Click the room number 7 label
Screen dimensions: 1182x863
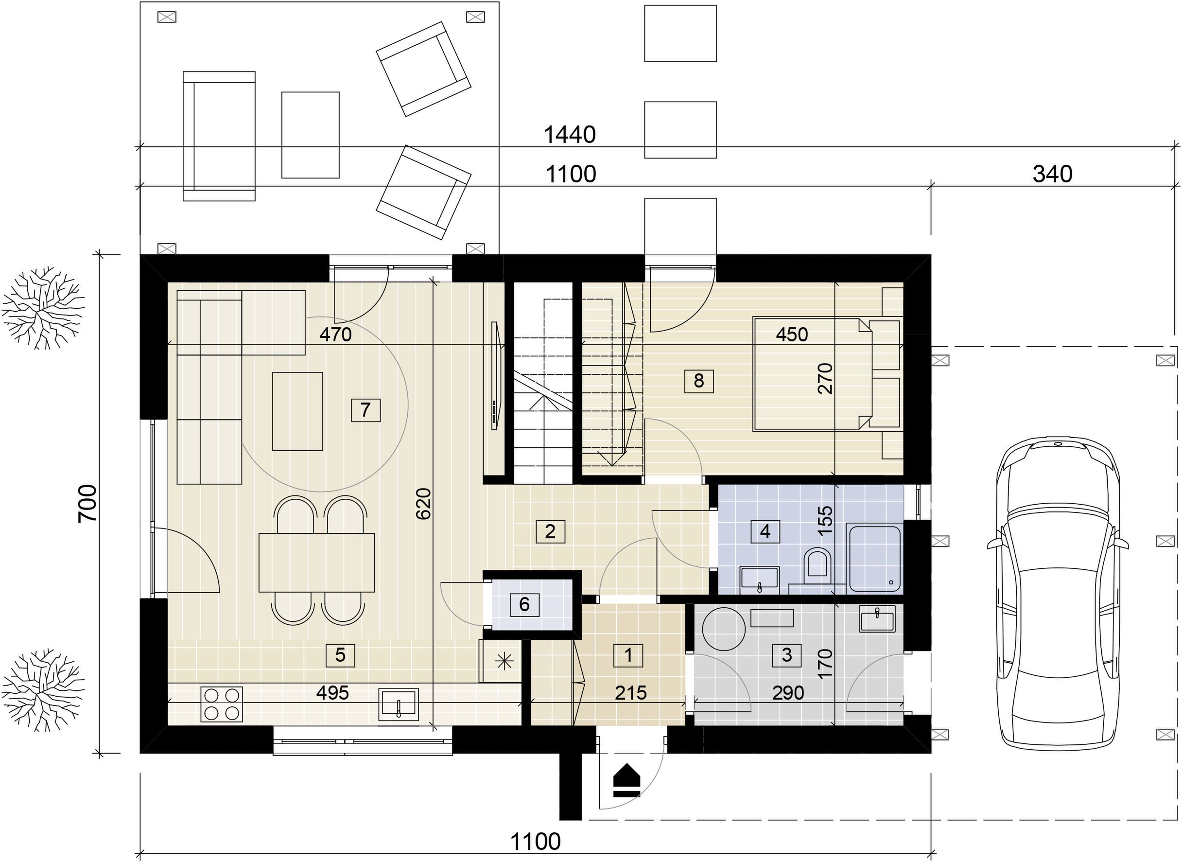(365, 410)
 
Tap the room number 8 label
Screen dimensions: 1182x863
(698, 381)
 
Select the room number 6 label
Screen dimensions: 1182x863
(524, 604)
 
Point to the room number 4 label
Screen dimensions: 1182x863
(765, 531)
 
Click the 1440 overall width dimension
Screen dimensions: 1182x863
(570, 135)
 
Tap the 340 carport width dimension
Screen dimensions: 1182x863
(1053, 174)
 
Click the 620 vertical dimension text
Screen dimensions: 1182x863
(423, 504)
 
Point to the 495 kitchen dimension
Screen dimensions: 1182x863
(332, 693)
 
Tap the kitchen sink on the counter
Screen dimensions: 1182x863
(399, 704)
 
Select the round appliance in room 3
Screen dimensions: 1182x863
(725, 630)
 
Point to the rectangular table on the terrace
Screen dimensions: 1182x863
(311, 135)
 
